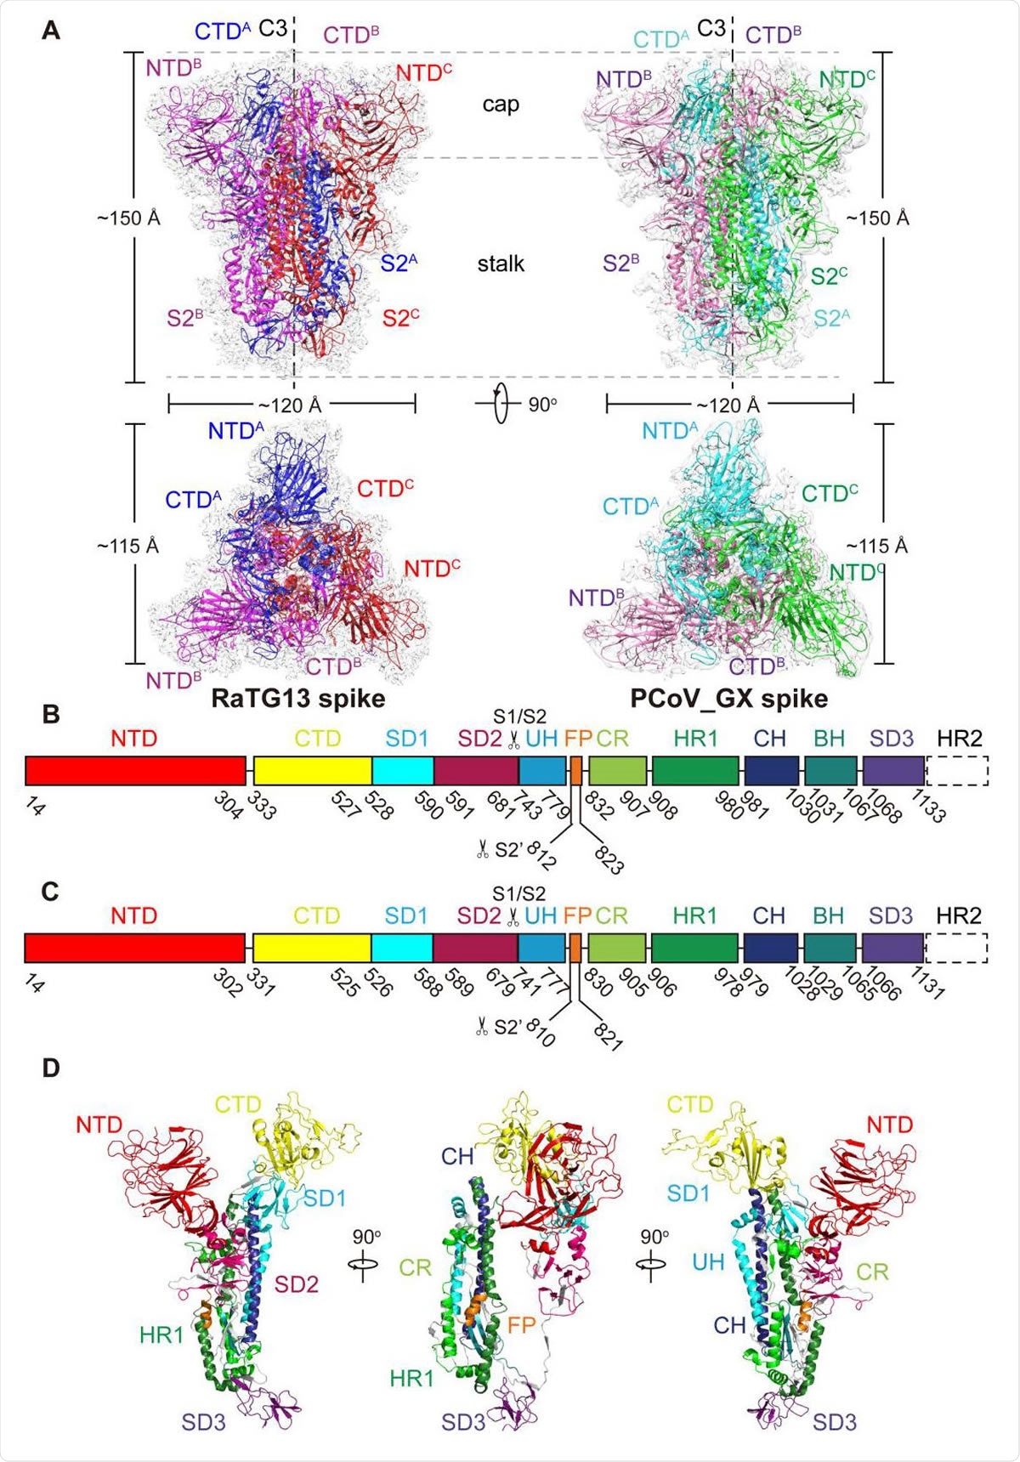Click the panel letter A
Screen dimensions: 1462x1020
(51, 31)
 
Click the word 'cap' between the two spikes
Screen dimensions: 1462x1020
(501, 105)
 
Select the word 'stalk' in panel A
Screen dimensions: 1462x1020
(501, 264)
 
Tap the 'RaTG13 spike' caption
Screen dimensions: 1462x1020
(298, 699)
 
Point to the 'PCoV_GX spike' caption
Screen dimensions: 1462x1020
(728, 699)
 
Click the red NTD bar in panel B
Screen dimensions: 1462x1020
(135, 770)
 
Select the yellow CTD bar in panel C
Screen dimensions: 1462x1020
(312, 948)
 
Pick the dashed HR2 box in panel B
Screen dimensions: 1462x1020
(957, 770)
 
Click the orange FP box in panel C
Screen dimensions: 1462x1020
(575, 948)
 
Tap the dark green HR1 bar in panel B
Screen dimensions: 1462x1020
(695, 770)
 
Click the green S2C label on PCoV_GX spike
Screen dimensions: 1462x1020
(829, 276)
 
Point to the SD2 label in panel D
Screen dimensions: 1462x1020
(296, 1284)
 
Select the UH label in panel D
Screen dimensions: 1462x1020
(707, 1262)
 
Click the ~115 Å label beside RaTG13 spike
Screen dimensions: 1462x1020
(127, 546)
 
